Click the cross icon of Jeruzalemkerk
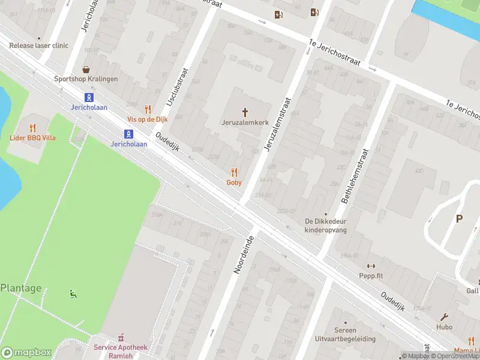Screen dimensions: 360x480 point(245,112)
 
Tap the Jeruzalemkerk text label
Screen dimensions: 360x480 point(245,122)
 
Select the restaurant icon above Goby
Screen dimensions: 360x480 point(234,172)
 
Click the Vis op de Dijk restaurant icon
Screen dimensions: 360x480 point(148,109)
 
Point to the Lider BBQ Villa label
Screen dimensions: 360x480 point(33,138)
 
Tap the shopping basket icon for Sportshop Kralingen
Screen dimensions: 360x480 point(86,70)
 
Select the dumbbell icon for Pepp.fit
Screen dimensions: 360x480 point(370,266)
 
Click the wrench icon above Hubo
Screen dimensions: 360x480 point(445,317)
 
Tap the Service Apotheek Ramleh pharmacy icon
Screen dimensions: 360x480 point(120,337)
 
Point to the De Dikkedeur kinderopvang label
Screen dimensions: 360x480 point(326,225)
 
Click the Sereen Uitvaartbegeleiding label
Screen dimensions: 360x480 point(344,334)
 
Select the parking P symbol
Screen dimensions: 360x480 point(459,219)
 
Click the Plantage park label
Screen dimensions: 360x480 point(21,288)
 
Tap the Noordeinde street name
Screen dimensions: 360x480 point(244,256)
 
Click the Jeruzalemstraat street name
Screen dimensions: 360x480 point(277,123)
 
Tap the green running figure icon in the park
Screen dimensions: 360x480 point(73,294)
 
